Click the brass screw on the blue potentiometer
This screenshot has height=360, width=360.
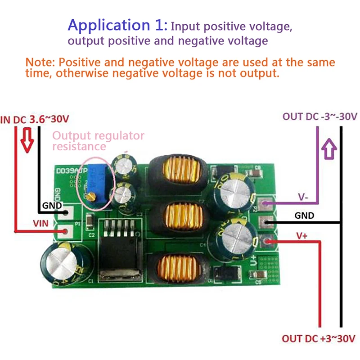pos(90,197)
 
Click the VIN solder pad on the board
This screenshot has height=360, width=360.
pos(67,231)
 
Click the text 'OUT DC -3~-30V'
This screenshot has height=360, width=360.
pos(320,116)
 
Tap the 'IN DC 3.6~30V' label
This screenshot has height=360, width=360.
pos(36,120)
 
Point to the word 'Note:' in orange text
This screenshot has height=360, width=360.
pos(40,62)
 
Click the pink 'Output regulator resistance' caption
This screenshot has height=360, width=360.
pos(99,141)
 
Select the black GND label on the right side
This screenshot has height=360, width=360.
pos(304,216)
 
